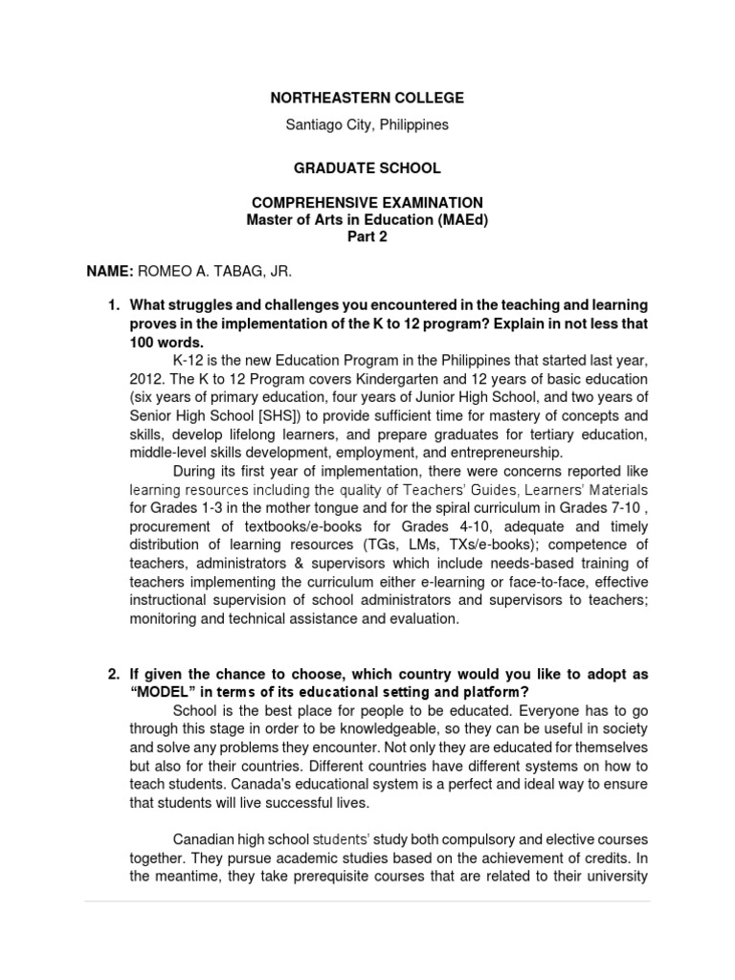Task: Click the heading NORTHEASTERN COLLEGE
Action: pos(367,98)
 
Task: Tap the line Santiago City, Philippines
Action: pos(367,125)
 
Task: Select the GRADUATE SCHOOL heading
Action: pos(367,168)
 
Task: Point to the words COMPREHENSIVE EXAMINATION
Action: pos(367,203)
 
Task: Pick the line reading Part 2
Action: pos(367,237)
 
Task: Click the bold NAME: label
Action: pos(110,272)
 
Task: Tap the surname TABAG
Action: pos(237,272)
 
